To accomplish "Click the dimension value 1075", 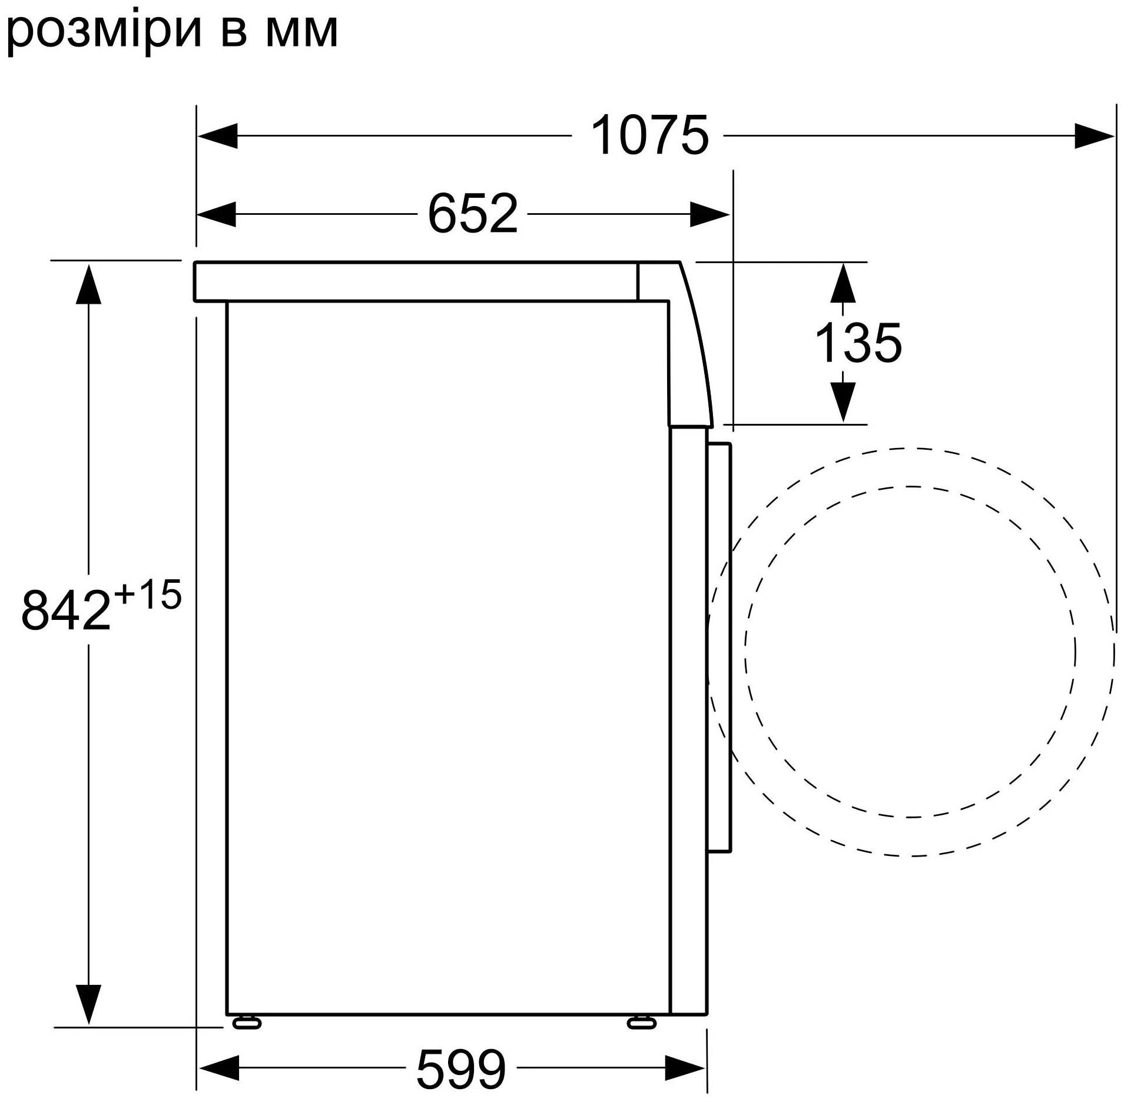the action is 649,136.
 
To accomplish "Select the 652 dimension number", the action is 473,214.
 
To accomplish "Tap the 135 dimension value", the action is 858,343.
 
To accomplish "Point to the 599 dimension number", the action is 461,1069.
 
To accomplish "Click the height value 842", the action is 66,610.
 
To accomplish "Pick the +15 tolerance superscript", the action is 148,594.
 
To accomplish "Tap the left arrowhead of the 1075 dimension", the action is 218,136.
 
